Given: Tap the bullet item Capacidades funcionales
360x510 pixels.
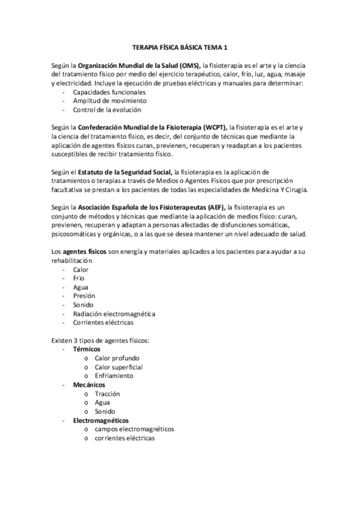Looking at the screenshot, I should click(x=109, y=93).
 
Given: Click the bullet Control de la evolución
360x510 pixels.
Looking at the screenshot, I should click(x=107, y=110).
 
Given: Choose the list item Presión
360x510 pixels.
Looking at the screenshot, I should click(x=84, y=296).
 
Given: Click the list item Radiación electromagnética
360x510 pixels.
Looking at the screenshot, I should click(x=114, y=313).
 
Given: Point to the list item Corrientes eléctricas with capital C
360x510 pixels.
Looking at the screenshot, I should click(x=103, y=322).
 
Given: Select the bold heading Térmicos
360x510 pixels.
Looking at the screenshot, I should click(x=87, y=349).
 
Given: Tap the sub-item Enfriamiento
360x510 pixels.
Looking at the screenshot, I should click(x=114, y=375).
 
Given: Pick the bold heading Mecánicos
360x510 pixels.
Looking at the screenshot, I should click(x=89, y=384).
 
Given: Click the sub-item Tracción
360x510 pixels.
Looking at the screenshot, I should click(x=107, y=393).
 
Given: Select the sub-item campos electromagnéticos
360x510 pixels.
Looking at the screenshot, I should click(x=134, y=429).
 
